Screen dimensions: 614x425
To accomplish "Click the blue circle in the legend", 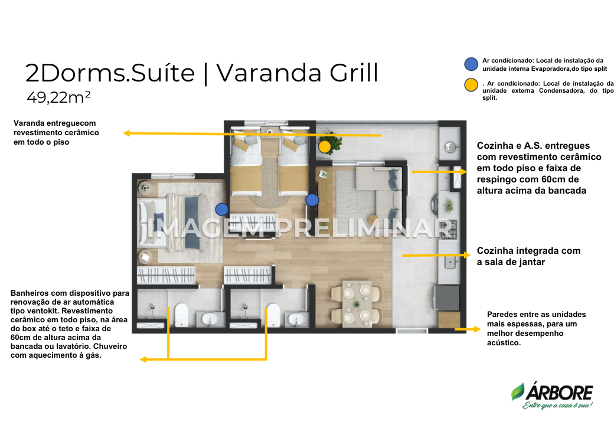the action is [x=471, y=64].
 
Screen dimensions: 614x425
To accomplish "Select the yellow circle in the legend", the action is [x=471, y=85].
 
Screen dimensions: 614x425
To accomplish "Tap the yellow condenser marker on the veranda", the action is [x=325, y=147].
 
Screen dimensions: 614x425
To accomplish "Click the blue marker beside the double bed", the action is [x=222, y=210].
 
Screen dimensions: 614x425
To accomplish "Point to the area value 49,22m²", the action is [x=58, y=97].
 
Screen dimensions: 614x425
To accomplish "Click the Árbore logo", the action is [x=552, y=396].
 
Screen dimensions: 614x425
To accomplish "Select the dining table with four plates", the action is [x=357, y=304].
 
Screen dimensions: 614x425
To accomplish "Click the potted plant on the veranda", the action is [x=330, y=142].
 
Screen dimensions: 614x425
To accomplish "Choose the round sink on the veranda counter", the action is [x=451, y=147].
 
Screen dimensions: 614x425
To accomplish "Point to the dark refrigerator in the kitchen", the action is [x=446, y=298].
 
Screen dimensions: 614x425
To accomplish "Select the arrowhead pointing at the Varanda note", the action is [x=126, y=133].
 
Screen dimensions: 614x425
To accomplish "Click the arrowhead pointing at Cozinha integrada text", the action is [x=467, y=255].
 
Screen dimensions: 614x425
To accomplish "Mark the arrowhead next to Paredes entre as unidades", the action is [x=477, y=329].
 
